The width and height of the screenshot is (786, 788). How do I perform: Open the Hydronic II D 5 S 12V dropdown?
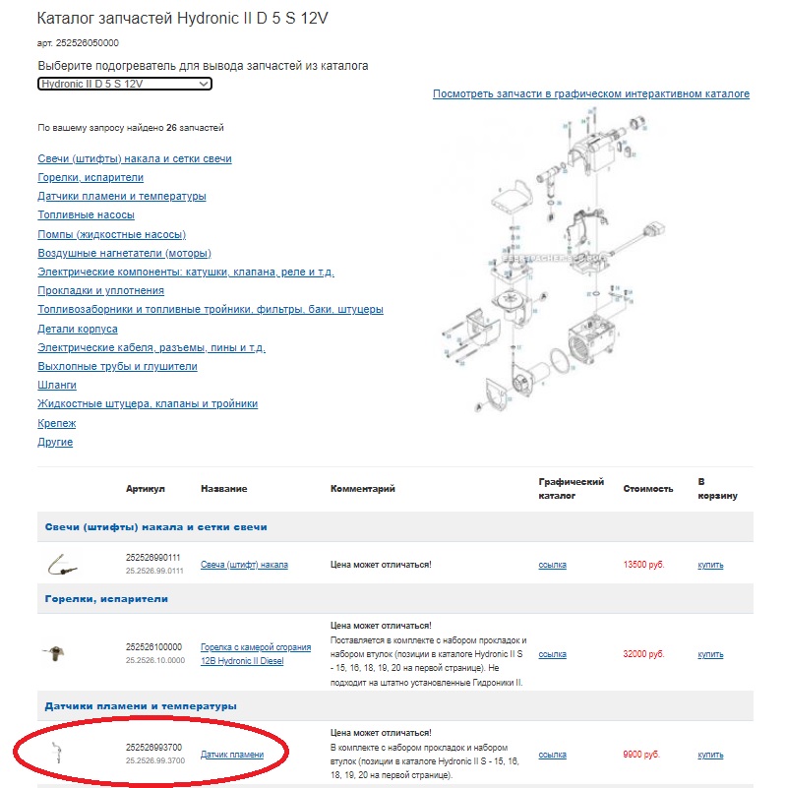coord(125,84)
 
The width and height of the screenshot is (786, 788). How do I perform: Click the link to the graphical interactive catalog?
coord(590,94)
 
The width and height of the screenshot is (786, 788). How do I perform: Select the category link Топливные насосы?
coord(86,214)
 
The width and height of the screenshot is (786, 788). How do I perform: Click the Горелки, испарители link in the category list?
coord(91,177)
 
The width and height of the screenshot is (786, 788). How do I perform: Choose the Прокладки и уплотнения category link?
coord(100,290)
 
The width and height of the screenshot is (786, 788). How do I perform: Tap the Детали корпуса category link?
coord(78,329)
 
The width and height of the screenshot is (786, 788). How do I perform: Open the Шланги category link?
coord(57,385)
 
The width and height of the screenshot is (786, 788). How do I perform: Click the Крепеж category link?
coord(56,423)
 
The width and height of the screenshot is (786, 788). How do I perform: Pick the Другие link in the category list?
coord(55,442)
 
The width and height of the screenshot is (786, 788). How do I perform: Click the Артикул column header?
coord(146,489)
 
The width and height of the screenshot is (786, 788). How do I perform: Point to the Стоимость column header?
coord(648,489)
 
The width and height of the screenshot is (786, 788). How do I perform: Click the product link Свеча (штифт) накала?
coord(244,565)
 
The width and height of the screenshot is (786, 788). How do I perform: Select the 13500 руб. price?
coord(644,565)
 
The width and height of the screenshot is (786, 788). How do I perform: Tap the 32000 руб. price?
coord(644,654)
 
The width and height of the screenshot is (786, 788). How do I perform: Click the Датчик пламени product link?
coord(232,755)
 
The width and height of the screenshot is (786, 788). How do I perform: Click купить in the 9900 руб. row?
coord(710,755)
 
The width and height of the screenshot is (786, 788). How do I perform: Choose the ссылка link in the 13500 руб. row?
coord(553,565)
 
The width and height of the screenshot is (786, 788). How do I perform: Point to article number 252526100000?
coord(153,646)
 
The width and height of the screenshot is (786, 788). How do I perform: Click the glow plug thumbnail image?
coord(60,565)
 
